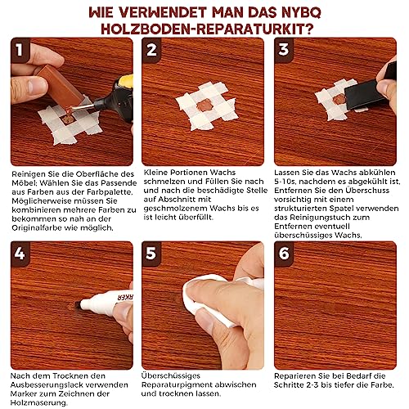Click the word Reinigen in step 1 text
coord(29,174)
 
